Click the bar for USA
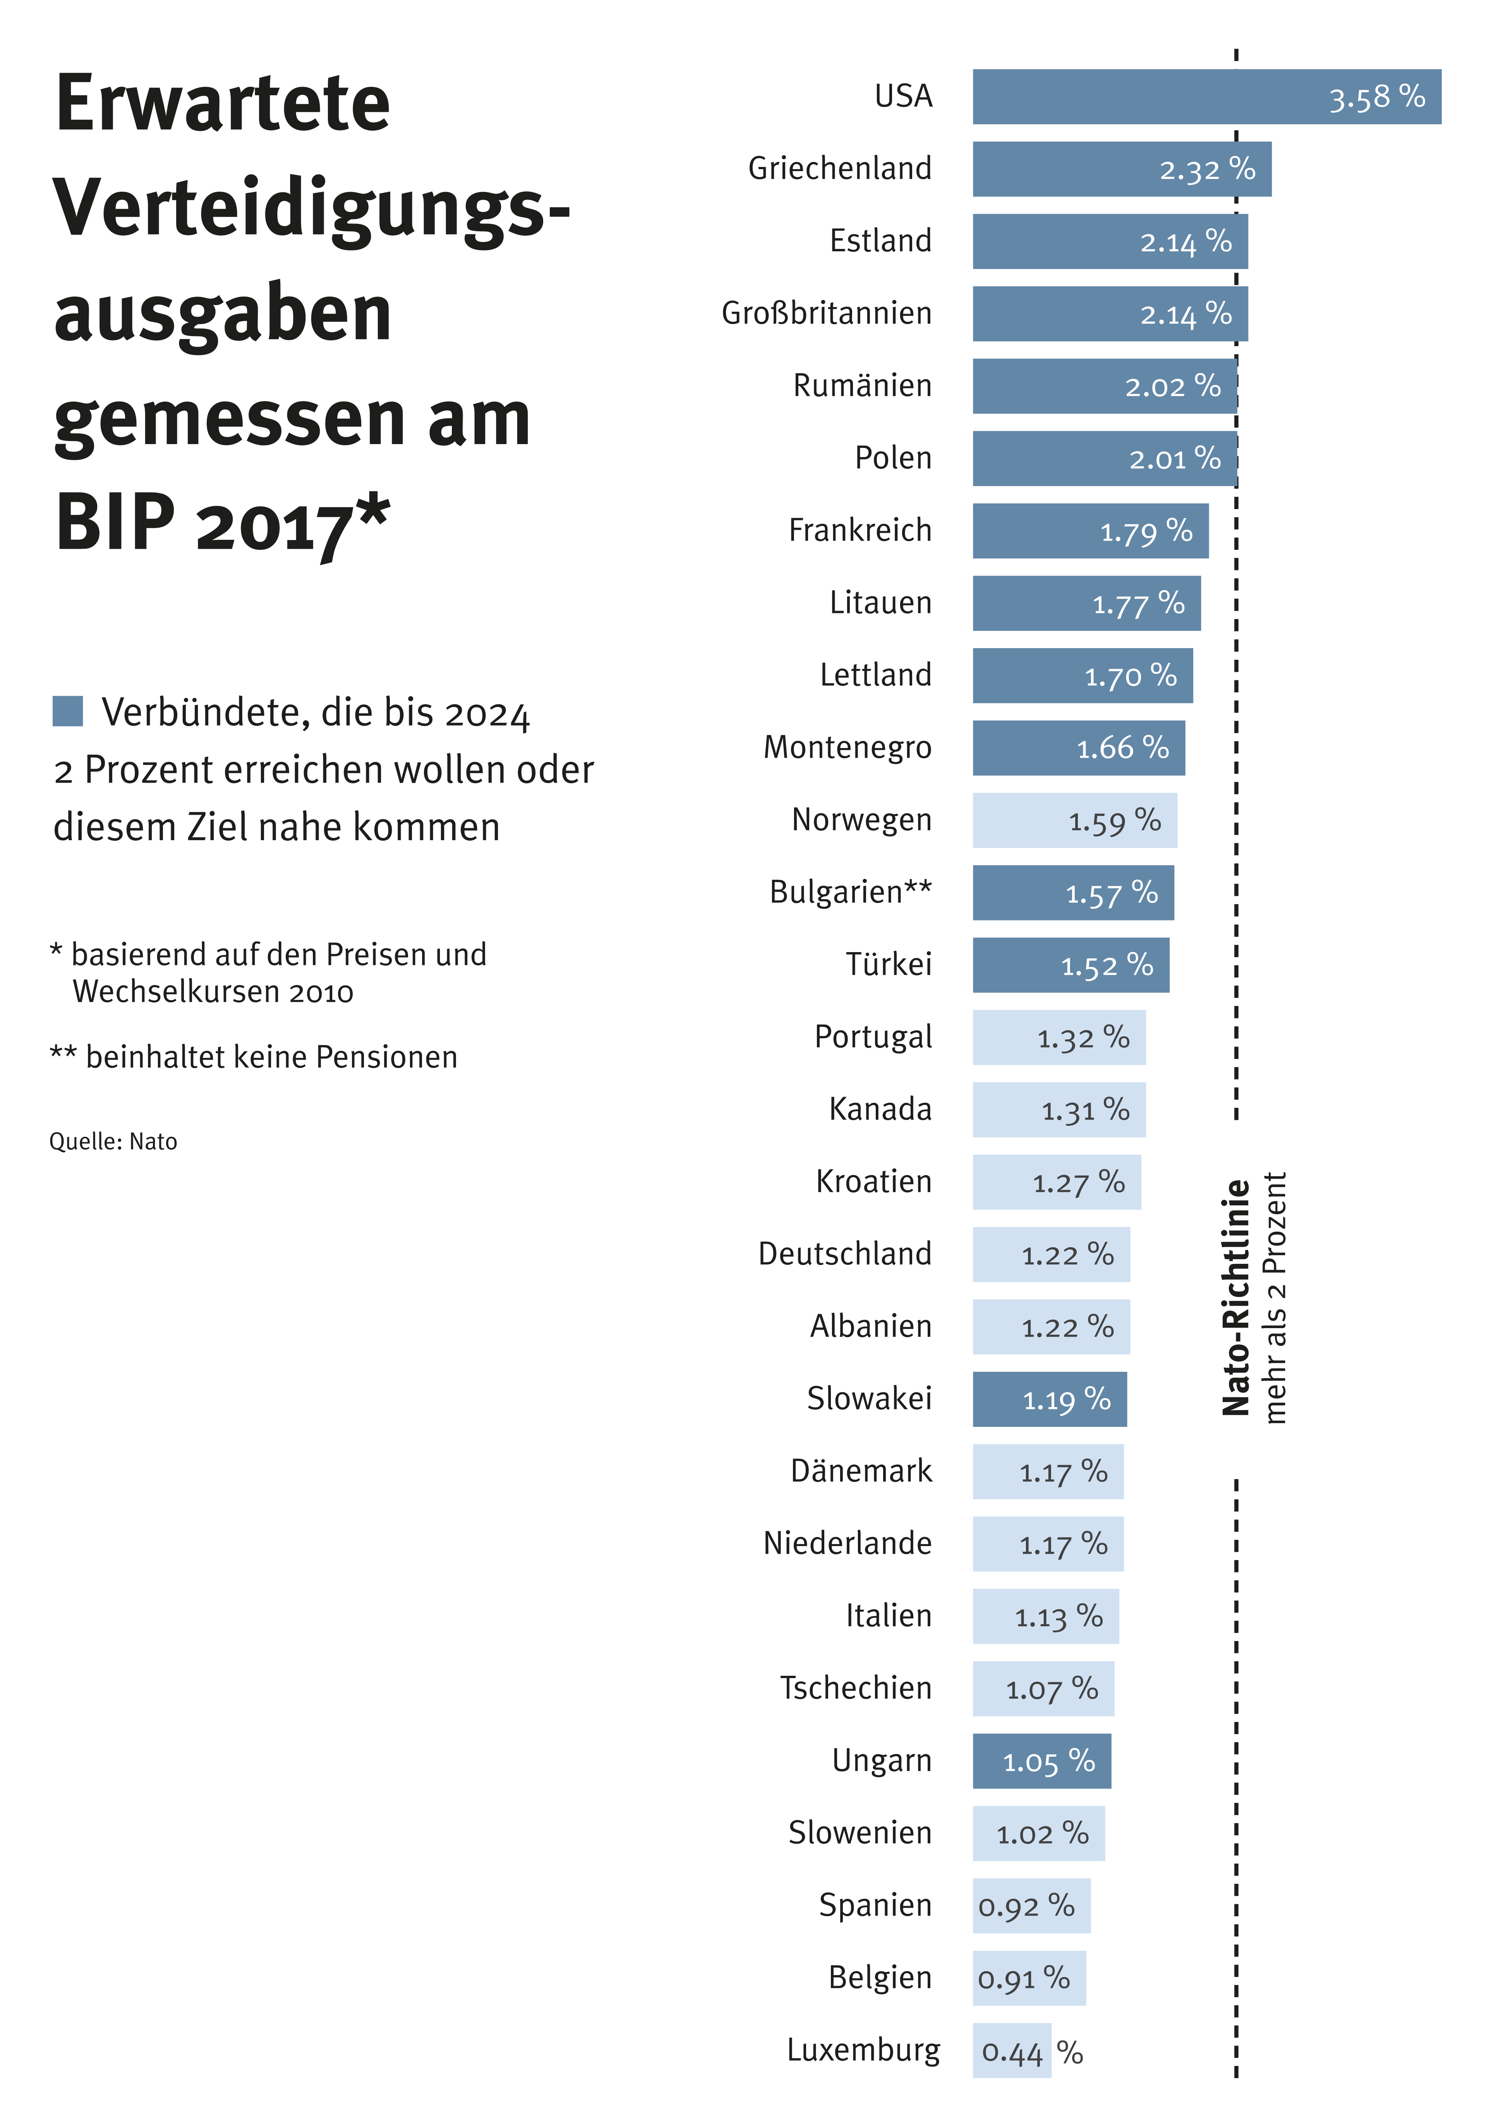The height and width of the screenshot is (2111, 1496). pos(1151,97)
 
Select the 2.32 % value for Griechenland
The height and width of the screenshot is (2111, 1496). pos(1207,170)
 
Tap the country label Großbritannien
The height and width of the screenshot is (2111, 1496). pos(826,313)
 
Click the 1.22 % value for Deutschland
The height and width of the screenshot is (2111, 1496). pos(1067,1255)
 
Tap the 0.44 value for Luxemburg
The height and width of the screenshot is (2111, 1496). pos(1011,2052)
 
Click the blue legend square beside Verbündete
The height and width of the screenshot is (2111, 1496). pos(68,711)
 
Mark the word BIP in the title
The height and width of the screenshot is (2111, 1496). pos(115,522)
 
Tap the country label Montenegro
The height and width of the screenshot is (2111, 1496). pos(848,747)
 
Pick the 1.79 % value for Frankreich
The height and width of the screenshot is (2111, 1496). pos(1146,532)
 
